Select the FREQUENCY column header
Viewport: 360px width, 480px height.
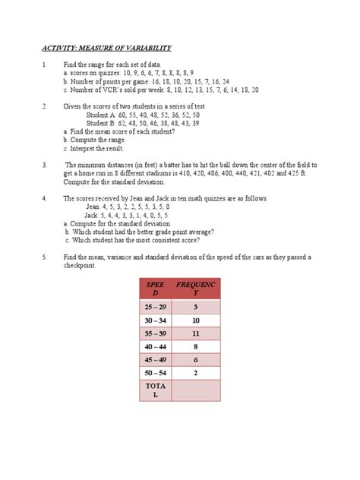(196, 289)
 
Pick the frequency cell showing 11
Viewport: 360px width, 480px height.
(196, 333)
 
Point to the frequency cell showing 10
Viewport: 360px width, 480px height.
(196, 321)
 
